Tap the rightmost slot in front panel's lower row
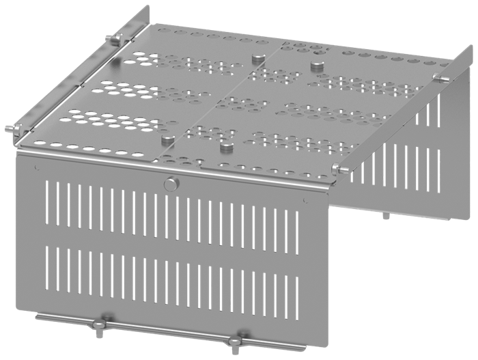pyautogui.click(x=294, y=286)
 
